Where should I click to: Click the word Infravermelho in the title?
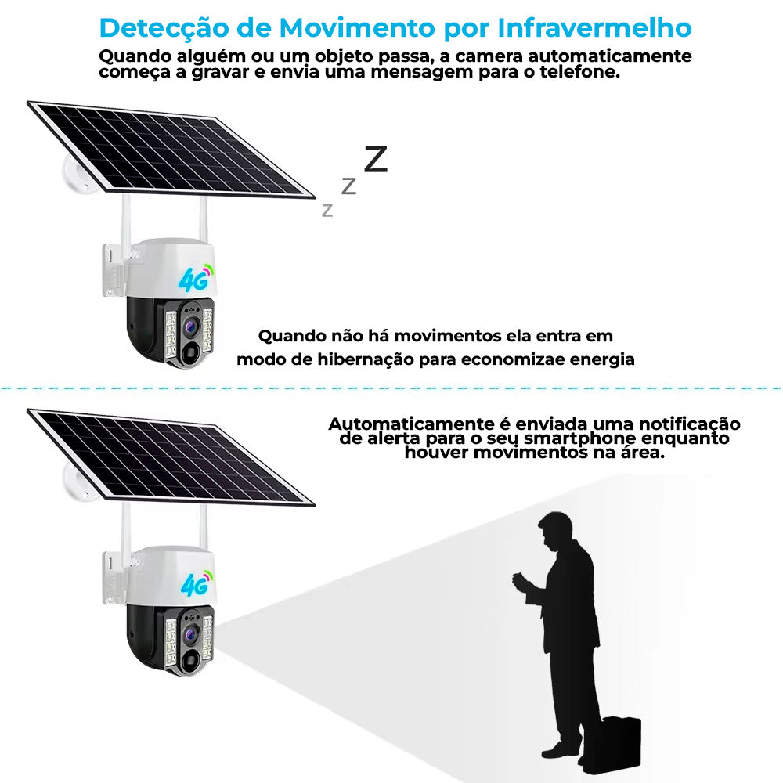[x=594, y=28]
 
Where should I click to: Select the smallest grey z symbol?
[x=327, y=210]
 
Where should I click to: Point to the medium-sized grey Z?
[x=349, y=186]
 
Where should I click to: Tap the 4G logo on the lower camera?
[x=194, y=585]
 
